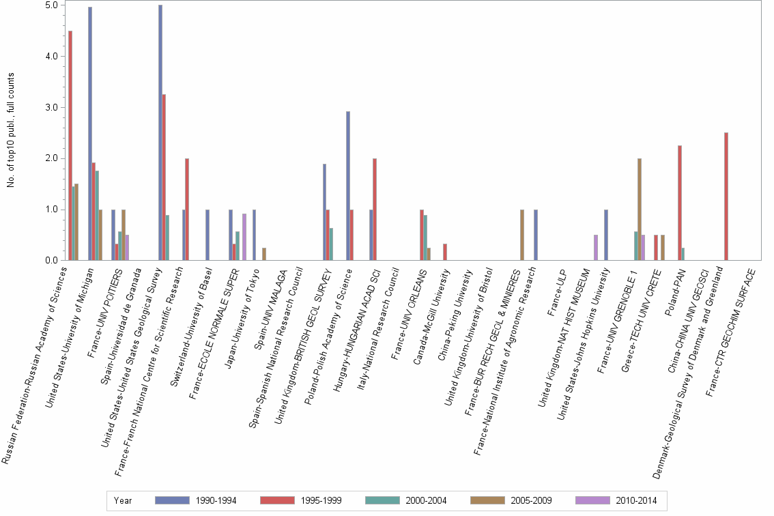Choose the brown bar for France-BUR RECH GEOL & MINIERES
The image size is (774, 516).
[x=522, y=235]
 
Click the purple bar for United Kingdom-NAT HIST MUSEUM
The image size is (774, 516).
[x=596, y=248]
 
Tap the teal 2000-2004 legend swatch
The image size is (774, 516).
[x=384, y=500]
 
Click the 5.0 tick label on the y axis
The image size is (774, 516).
[x=51, y=5]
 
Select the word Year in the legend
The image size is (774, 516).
[x=123, y=500]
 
